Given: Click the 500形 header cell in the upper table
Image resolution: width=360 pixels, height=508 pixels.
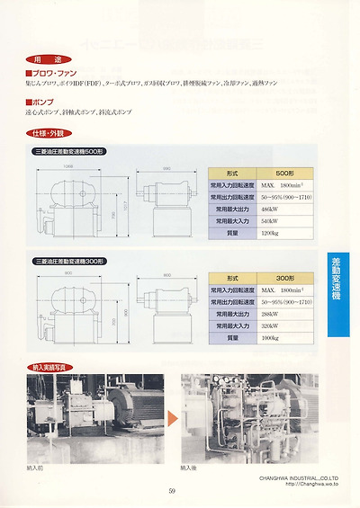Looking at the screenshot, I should click(286, 171).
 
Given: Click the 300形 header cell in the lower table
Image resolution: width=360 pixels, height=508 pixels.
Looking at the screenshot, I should click(286, 279).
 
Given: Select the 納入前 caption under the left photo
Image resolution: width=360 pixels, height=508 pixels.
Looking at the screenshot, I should click(35, 468).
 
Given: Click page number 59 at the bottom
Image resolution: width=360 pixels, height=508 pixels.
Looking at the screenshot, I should click(173, 491).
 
